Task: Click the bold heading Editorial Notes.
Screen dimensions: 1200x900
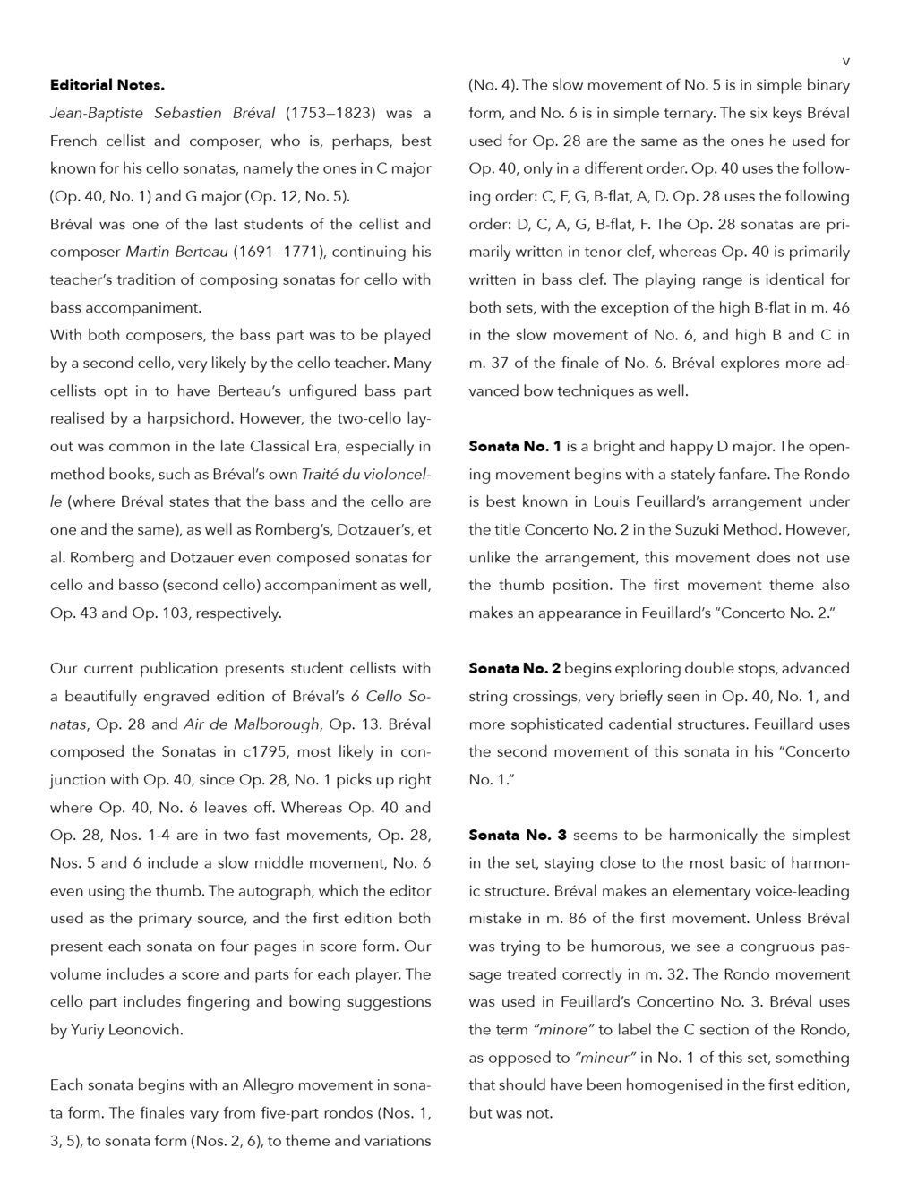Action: point(107,86)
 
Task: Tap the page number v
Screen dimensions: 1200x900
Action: point(845,61)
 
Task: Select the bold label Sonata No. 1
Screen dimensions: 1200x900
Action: point(515,447)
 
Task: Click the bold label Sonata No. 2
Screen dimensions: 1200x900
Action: point(515,669)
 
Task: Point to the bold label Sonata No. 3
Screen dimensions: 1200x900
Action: point(518,836)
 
